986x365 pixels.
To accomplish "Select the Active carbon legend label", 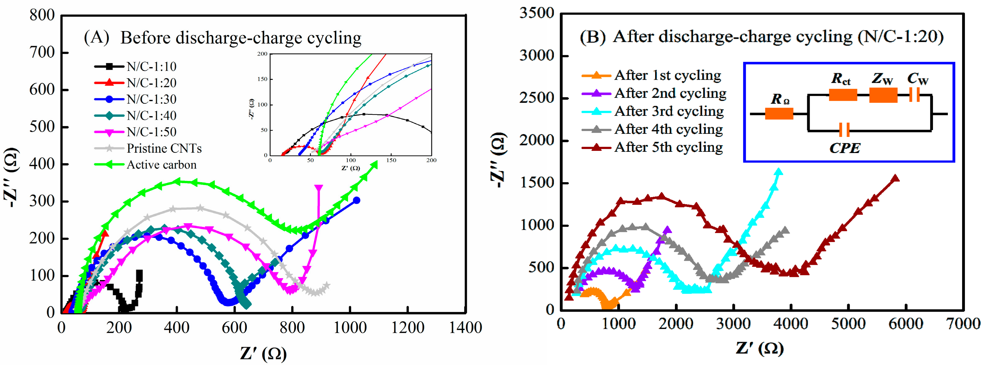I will (161, 165).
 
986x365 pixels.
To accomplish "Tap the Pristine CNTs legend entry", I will (164, 148).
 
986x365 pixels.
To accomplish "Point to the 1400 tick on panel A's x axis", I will (465, 327).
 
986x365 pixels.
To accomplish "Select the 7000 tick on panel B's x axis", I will (963, 324).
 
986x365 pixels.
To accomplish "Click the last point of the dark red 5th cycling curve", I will (895, 178).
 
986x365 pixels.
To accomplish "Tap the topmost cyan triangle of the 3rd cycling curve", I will (778, 172).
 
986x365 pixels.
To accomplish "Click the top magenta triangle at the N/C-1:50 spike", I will (319, 188).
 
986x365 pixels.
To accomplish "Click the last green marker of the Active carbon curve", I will (374, 164).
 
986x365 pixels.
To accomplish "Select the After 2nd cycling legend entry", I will (670, 93).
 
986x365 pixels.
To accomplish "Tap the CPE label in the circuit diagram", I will (845, 148).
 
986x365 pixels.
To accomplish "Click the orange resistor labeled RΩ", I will (779, 114).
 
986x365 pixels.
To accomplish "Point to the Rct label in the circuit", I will (841, 79).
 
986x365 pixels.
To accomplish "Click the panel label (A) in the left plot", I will (97, 38).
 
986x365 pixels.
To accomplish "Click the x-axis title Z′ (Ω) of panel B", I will (759, 348).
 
